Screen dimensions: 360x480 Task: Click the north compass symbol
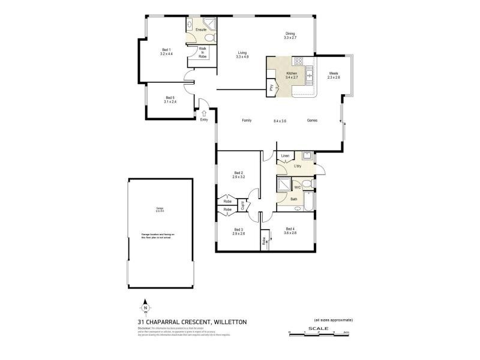click(145, 308)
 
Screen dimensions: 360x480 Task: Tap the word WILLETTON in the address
click(227, 322)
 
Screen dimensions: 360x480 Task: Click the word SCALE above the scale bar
click(317, 328)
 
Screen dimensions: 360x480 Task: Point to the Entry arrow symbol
click(204, 113)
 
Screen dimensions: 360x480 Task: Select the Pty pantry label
click(272, 88)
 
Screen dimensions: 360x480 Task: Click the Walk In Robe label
click(203, 53)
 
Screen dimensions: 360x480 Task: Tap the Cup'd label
click(242, 205)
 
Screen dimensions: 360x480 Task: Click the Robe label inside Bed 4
click(264, 242)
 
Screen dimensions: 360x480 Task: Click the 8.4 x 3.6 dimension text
click(280, 121)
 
